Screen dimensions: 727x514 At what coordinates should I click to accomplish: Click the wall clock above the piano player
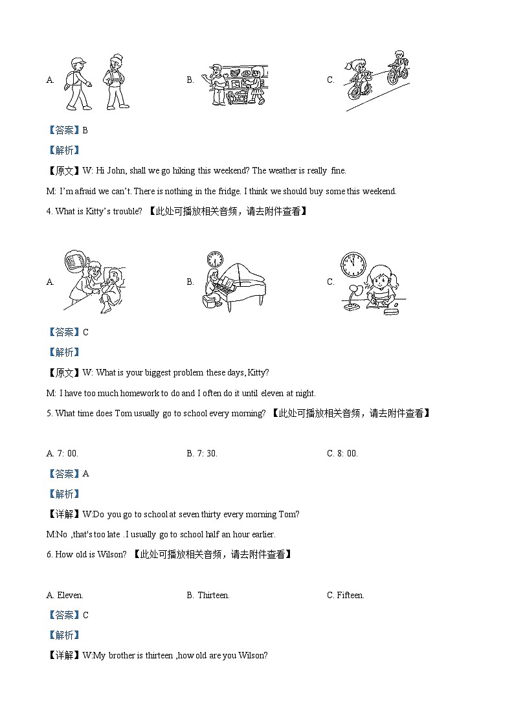click(215, 259)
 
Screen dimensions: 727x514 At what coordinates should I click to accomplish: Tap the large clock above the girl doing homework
click(353, 264)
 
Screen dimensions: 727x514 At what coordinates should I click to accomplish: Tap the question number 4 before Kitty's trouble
click(49, 211)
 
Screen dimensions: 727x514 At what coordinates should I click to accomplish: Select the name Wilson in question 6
click(112, 554)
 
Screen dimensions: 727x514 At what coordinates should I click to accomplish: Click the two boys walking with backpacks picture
click(97, 82)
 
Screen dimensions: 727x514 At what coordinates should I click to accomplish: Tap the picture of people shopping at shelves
click(237, 84)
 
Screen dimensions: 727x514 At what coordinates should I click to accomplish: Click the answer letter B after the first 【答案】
click(85, 130)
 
